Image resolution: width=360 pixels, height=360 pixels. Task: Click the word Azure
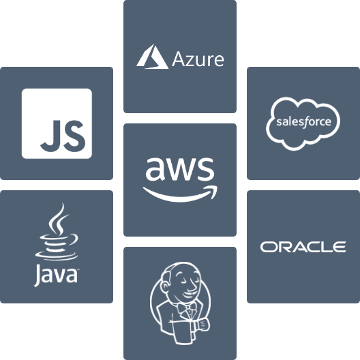[198, 59]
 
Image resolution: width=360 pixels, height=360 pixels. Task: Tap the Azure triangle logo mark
[153, 57]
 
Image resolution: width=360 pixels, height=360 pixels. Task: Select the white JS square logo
[57, 123]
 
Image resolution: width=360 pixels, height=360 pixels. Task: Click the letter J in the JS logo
[50, 136]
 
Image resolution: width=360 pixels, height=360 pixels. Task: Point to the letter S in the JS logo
[74, 136]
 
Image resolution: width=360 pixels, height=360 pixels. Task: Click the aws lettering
[180, 169]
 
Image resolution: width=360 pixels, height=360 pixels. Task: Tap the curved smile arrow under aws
[180, 194]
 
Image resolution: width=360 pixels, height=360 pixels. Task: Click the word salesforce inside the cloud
[303, 121]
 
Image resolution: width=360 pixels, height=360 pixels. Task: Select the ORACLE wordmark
[303, 247]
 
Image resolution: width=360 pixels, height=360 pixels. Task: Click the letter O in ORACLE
[268, 247]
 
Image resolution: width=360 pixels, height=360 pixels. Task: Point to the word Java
[55, 275]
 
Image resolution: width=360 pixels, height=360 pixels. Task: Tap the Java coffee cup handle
[73, 239]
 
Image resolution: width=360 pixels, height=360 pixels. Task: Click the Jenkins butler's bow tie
[187, 307]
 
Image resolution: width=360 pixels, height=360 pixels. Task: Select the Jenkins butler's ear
[165, 287]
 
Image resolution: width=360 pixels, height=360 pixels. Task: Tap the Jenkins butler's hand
[202, 324]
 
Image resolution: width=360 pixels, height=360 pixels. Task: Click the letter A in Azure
[178, 59]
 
